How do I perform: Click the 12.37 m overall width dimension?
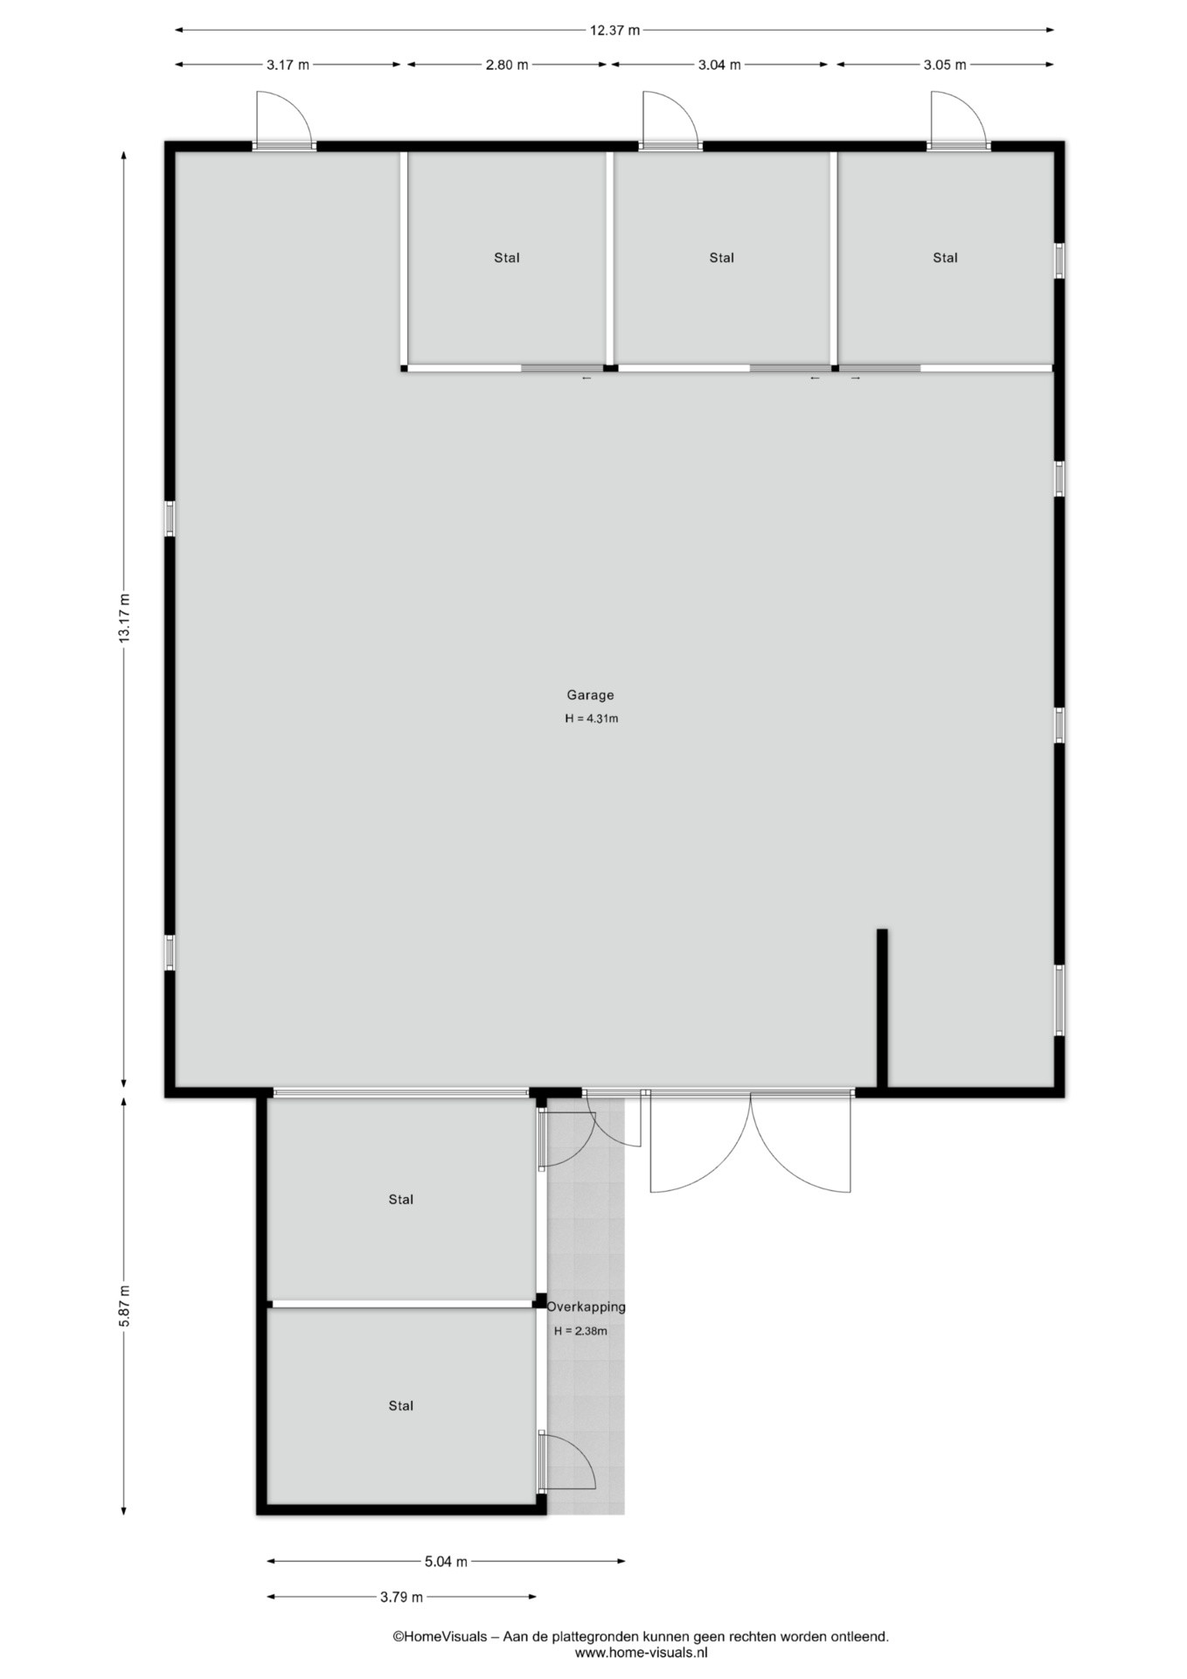coord(614,31)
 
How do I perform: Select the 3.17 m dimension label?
coord(288,65)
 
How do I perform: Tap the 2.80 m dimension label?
coord(507,65)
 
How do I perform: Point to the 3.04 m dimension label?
coord(719,65)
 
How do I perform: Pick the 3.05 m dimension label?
coord(945,65)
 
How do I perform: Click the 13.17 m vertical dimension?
coord(124,618)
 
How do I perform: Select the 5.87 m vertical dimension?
coord(124,1306)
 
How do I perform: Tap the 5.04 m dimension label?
coord(446,1562)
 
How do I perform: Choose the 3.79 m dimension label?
coord(401,1597)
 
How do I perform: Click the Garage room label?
coord(590,695)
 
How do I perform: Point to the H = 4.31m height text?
coord(592,719)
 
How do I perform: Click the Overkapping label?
coord(587,1307)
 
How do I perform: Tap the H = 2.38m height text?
coord(580,1331)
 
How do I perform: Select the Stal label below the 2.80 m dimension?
coord(507,258)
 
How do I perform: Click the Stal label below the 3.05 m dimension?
coord(945,258)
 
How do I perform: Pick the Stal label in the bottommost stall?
coord(401,1406)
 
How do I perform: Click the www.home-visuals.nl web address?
coord(641,1653)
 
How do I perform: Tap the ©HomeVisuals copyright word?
coord(440,1636)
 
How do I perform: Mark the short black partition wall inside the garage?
coord(882,1008)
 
